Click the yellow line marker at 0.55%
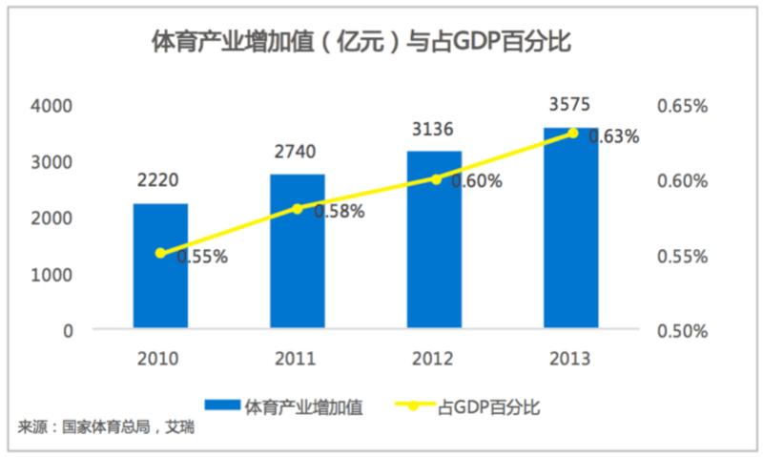click(x=160, y=253)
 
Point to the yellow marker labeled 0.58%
click(x=297, y=208)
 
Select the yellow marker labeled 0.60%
click(x=436, y=178)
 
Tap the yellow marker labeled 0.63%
click(x=572, y=133)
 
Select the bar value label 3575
click(x=570, y=102)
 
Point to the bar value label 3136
click(x=433, y=128)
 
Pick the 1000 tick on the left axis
click(x=56, y=275)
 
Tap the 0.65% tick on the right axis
click(x=683, y=106)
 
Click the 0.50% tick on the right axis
click(x=683, y=331)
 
